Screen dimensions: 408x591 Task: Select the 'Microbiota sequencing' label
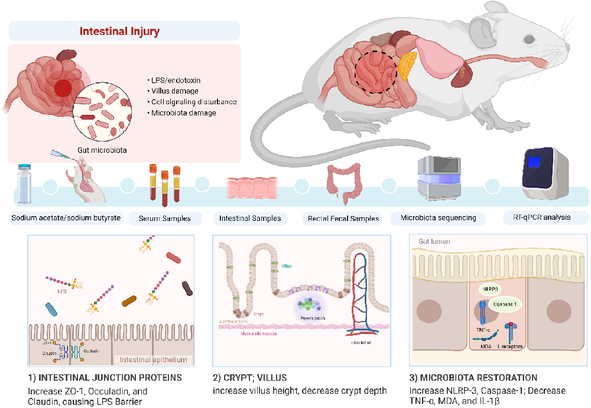point(437,218)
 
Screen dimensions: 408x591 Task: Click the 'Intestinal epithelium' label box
point(153,359)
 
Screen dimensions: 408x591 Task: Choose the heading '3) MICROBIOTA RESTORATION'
point(473,378)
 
